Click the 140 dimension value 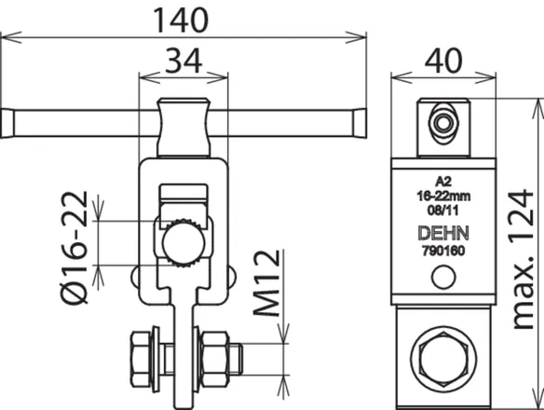tap(181, 20)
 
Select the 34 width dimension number tap(184, 61)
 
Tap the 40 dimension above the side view tap(443, 61)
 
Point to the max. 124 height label tap(523, 259)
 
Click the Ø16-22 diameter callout tap(75, 248)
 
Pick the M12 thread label tap(267, 283)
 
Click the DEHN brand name tap(443, 233)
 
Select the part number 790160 tap(443, 251)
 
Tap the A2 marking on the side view tap(443, 182)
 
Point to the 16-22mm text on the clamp tap(443, 196)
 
